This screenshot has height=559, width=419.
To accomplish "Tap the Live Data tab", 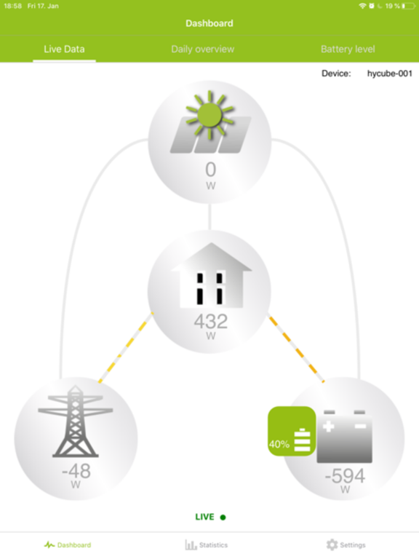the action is tap(64, 49).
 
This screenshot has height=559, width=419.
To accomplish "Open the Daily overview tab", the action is tap(203, 49).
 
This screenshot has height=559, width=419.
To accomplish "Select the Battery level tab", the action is tap(348, 49).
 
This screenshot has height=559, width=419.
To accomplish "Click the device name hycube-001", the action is tap(390, 74).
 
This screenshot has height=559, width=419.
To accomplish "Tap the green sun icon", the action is tap(209, 114).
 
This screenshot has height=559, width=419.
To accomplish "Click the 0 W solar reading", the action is tap(210, 175).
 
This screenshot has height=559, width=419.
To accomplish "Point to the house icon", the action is tap(211, 275).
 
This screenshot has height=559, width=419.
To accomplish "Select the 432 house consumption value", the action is tap(210, 321).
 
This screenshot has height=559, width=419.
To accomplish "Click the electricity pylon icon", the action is tap(76, 421).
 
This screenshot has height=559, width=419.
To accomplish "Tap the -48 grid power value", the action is tap(76, 471).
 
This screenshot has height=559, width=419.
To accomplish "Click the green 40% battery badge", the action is tap(292, 431).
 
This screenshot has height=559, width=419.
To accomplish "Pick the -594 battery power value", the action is tap(345, 475).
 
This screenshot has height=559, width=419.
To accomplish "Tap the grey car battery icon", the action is tap(344, 437).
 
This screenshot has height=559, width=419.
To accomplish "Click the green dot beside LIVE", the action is tap(223, 518).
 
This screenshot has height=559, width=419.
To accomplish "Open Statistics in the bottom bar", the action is tap(207, 544).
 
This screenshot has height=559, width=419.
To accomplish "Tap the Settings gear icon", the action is tap(332, 544).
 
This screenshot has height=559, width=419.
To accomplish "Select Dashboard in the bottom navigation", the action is tap(68, 544).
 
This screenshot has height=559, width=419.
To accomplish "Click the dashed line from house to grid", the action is tap(126, 348).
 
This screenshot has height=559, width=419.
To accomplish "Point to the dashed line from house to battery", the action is tap(297, 349).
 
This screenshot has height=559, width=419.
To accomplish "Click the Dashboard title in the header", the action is tap(209, 23).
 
